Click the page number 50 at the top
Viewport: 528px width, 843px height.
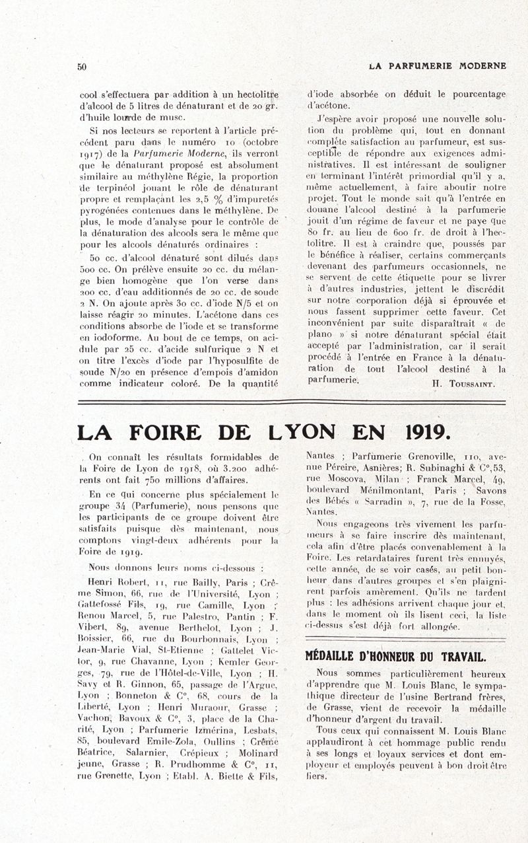tap(82, 66)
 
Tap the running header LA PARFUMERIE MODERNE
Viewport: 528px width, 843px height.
tap(438, 66)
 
